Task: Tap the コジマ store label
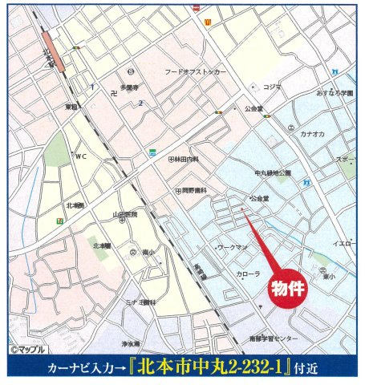270,86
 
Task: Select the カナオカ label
312,134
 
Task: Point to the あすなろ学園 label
335,93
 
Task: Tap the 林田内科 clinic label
187,159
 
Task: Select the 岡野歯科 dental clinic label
193,190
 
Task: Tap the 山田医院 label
125,214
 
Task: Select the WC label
81,156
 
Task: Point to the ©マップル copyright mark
27,351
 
